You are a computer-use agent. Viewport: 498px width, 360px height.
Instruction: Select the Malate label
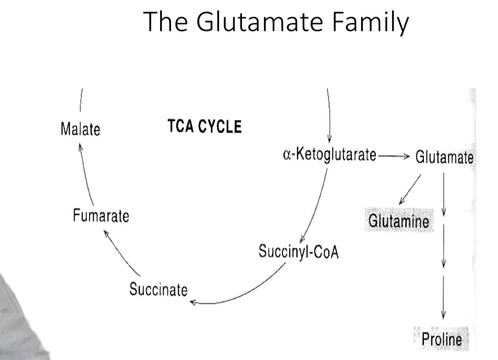coord(80,129)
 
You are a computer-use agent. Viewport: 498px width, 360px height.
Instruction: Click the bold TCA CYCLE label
coord(204,127)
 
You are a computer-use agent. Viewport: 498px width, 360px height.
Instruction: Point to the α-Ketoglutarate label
coord(329,156)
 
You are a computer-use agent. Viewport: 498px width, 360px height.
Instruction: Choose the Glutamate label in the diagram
coord(444,158)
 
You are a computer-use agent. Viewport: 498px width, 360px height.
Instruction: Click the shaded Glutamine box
coord(398,220)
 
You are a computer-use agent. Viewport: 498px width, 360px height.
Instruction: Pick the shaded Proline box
coord(441,339)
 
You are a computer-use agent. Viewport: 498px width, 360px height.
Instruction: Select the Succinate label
coord(159,289)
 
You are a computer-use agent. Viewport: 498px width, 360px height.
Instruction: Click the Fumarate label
coord(100,216)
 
